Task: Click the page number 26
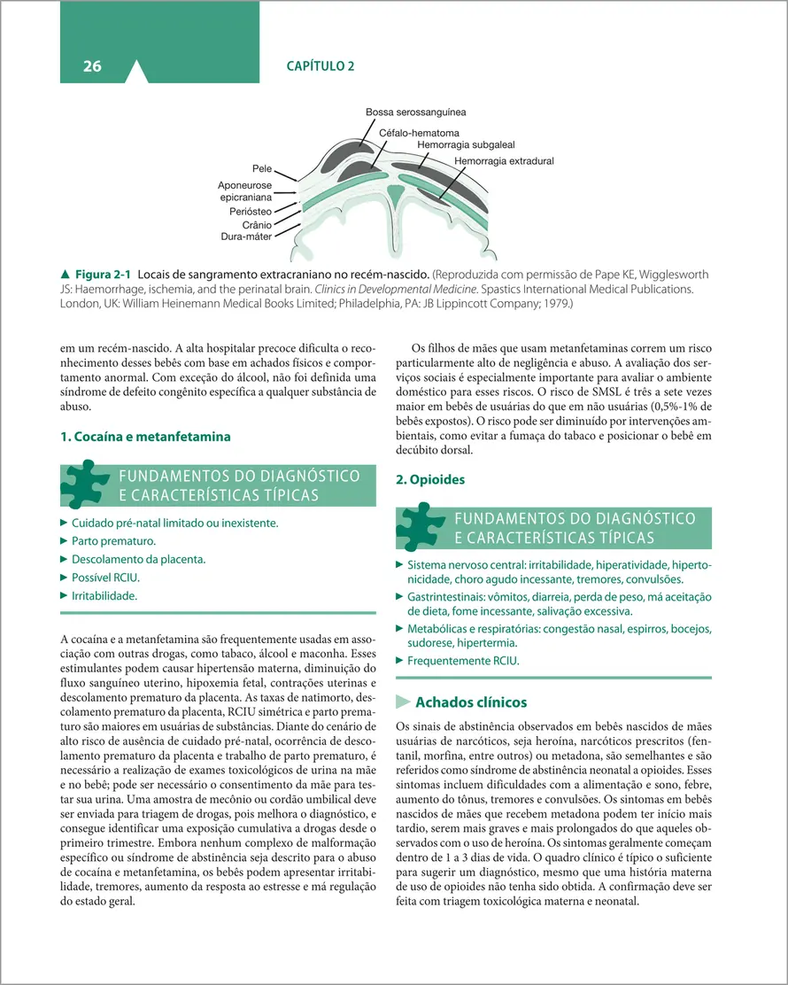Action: [93, 66]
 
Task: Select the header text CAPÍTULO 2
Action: [321, 66]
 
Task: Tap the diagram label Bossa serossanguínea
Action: [416, 112]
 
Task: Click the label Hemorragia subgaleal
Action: [466, 144]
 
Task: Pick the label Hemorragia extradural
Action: [504, 161]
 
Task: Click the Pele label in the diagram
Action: [262, 167]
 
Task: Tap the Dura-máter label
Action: [246, 237]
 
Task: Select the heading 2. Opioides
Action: [429, 479]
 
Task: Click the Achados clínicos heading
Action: [470, 702]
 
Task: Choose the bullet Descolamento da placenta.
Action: [138, 559]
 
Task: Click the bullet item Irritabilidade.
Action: [104, 596]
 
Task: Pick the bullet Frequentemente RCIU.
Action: [463, 660]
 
